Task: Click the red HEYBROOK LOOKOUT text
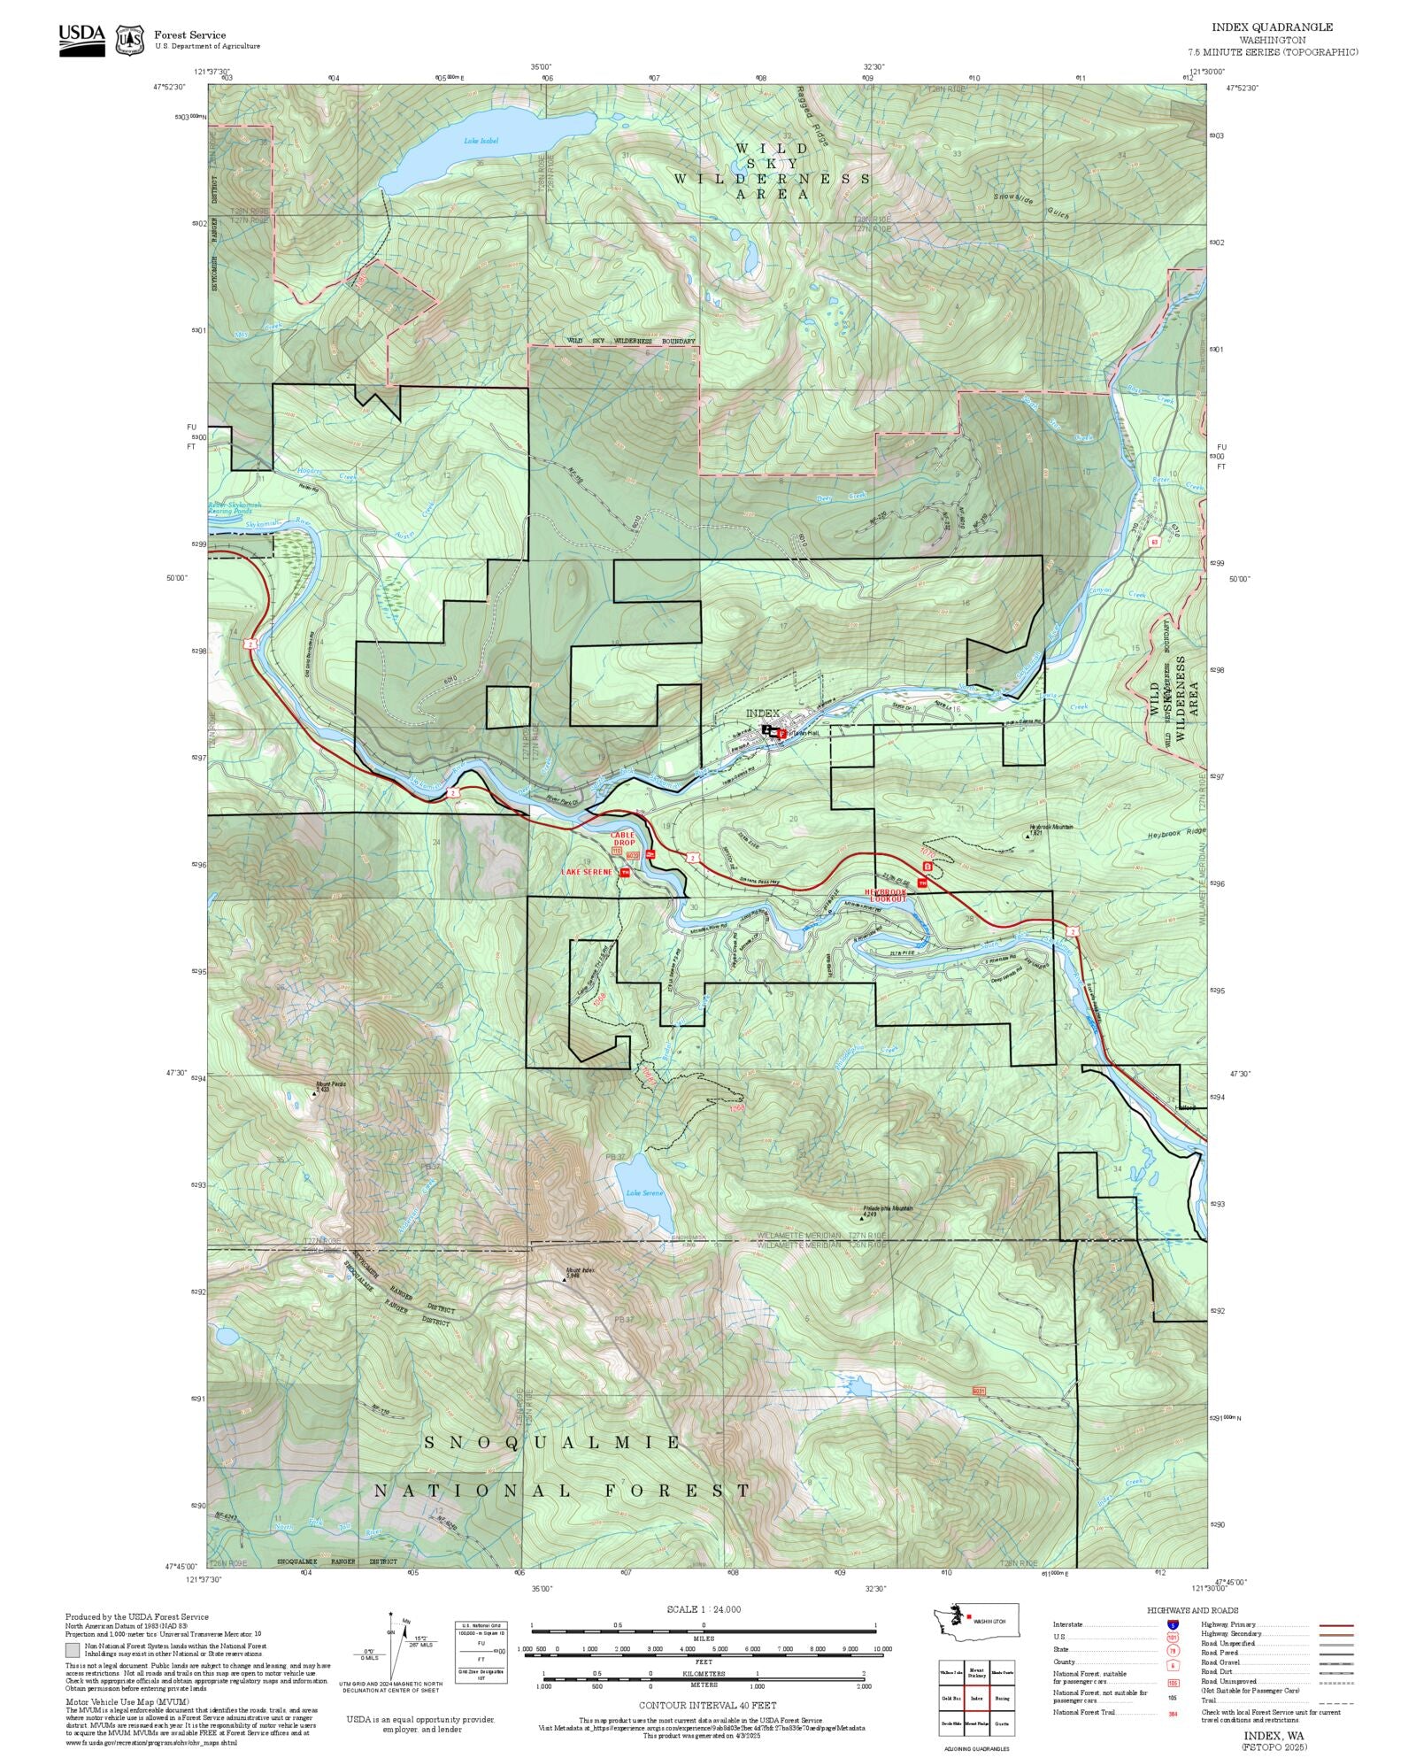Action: [x=886, y=895]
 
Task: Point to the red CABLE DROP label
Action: [x=622, y=838]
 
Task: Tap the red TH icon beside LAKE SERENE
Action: [x=625, y=873]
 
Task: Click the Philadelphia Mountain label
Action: [x=888, y=1209]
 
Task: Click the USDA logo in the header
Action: [x=81, y=39]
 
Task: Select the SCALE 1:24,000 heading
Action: [x=704, y=1609]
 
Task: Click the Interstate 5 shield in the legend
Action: [x=1173, y=1625]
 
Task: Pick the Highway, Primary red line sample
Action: [x=1335, y=1625]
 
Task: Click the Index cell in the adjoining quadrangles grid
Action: [x=977, y=1698]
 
